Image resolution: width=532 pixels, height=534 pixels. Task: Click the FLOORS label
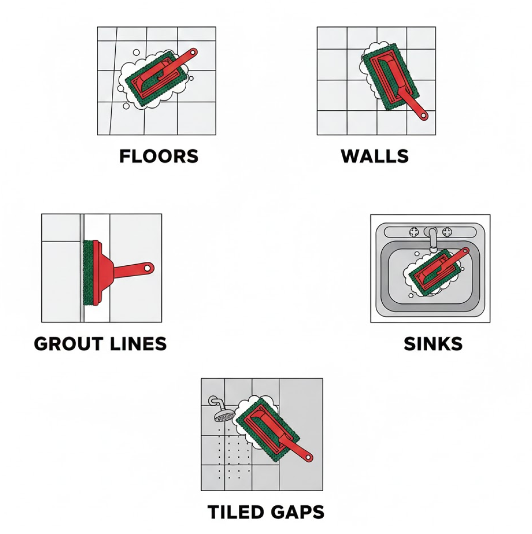pos(159,157)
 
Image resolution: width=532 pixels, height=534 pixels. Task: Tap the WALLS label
pos(374,157)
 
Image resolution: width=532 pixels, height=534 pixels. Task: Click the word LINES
pos(138,344)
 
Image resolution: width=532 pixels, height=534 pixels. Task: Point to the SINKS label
pos(433,344)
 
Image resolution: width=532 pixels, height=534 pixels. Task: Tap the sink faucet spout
pos(432,241)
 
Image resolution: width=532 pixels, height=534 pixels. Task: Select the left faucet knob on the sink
pos(414,232)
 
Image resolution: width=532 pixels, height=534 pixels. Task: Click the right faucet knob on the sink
pos(446,232)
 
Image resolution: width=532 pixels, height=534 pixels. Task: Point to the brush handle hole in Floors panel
pos(193,53)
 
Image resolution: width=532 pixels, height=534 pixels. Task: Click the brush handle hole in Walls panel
pos(424,116)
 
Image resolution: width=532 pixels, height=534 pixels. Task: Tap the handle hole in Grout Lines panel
pos(147,268)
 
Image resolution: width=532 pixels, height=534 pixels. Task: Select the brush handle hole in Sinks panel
pos(465,251)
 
